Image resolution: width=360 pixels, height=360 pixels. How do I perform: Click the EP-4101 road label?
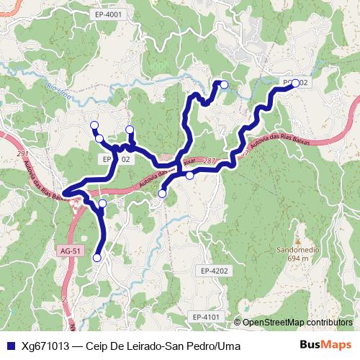point(207,317)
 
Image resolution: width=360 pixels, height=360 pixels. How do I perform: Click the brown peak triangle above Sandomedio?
point(297,241)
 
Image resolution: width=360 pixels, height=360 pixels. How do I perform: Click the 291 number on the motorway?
point(21,154)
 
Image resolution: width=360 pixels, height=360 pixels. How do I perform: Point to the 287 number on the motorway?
point(209,161)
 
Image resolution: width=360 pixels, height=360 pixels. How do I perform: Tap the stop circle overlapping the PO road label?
point(294,83)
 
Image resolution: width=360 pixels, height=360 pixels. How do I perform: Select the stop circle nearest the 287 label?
point(189,175)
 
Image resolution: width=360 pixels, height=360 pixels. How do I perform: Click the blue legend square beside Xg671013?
point(10,346)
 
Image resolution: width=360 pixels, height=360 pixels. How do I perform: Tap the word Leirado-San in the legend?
point(147,346)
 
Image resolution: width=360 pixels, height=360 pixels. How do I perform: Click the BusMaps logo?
point(325,345)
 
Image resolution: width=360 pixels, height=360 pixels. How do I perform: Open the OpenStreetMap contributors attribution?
point(297,323)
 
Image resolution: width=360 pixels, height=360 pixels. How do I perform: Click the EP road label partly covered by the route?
point(115,158)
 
